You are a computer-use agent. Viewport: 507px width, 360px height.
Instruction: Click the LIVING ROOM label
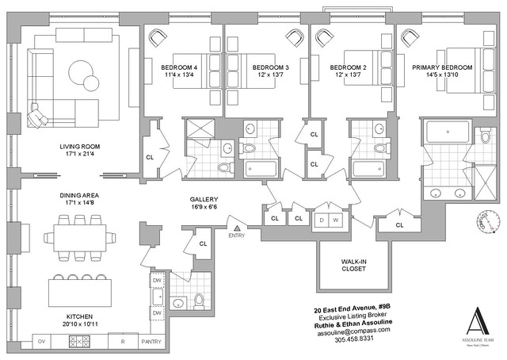[78, 147]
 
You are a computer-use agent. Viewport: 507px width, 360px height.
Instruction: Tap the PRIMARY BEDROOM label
[441, 67]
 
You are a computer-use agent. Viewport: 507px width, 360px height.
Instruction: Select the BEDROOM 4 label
[178, 67]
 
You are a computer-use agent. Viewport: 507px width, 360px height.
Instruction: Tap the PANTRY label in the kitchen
[151, 342]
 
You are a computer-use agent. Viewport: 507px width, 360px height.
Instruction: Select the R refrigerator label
[121, 342]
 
